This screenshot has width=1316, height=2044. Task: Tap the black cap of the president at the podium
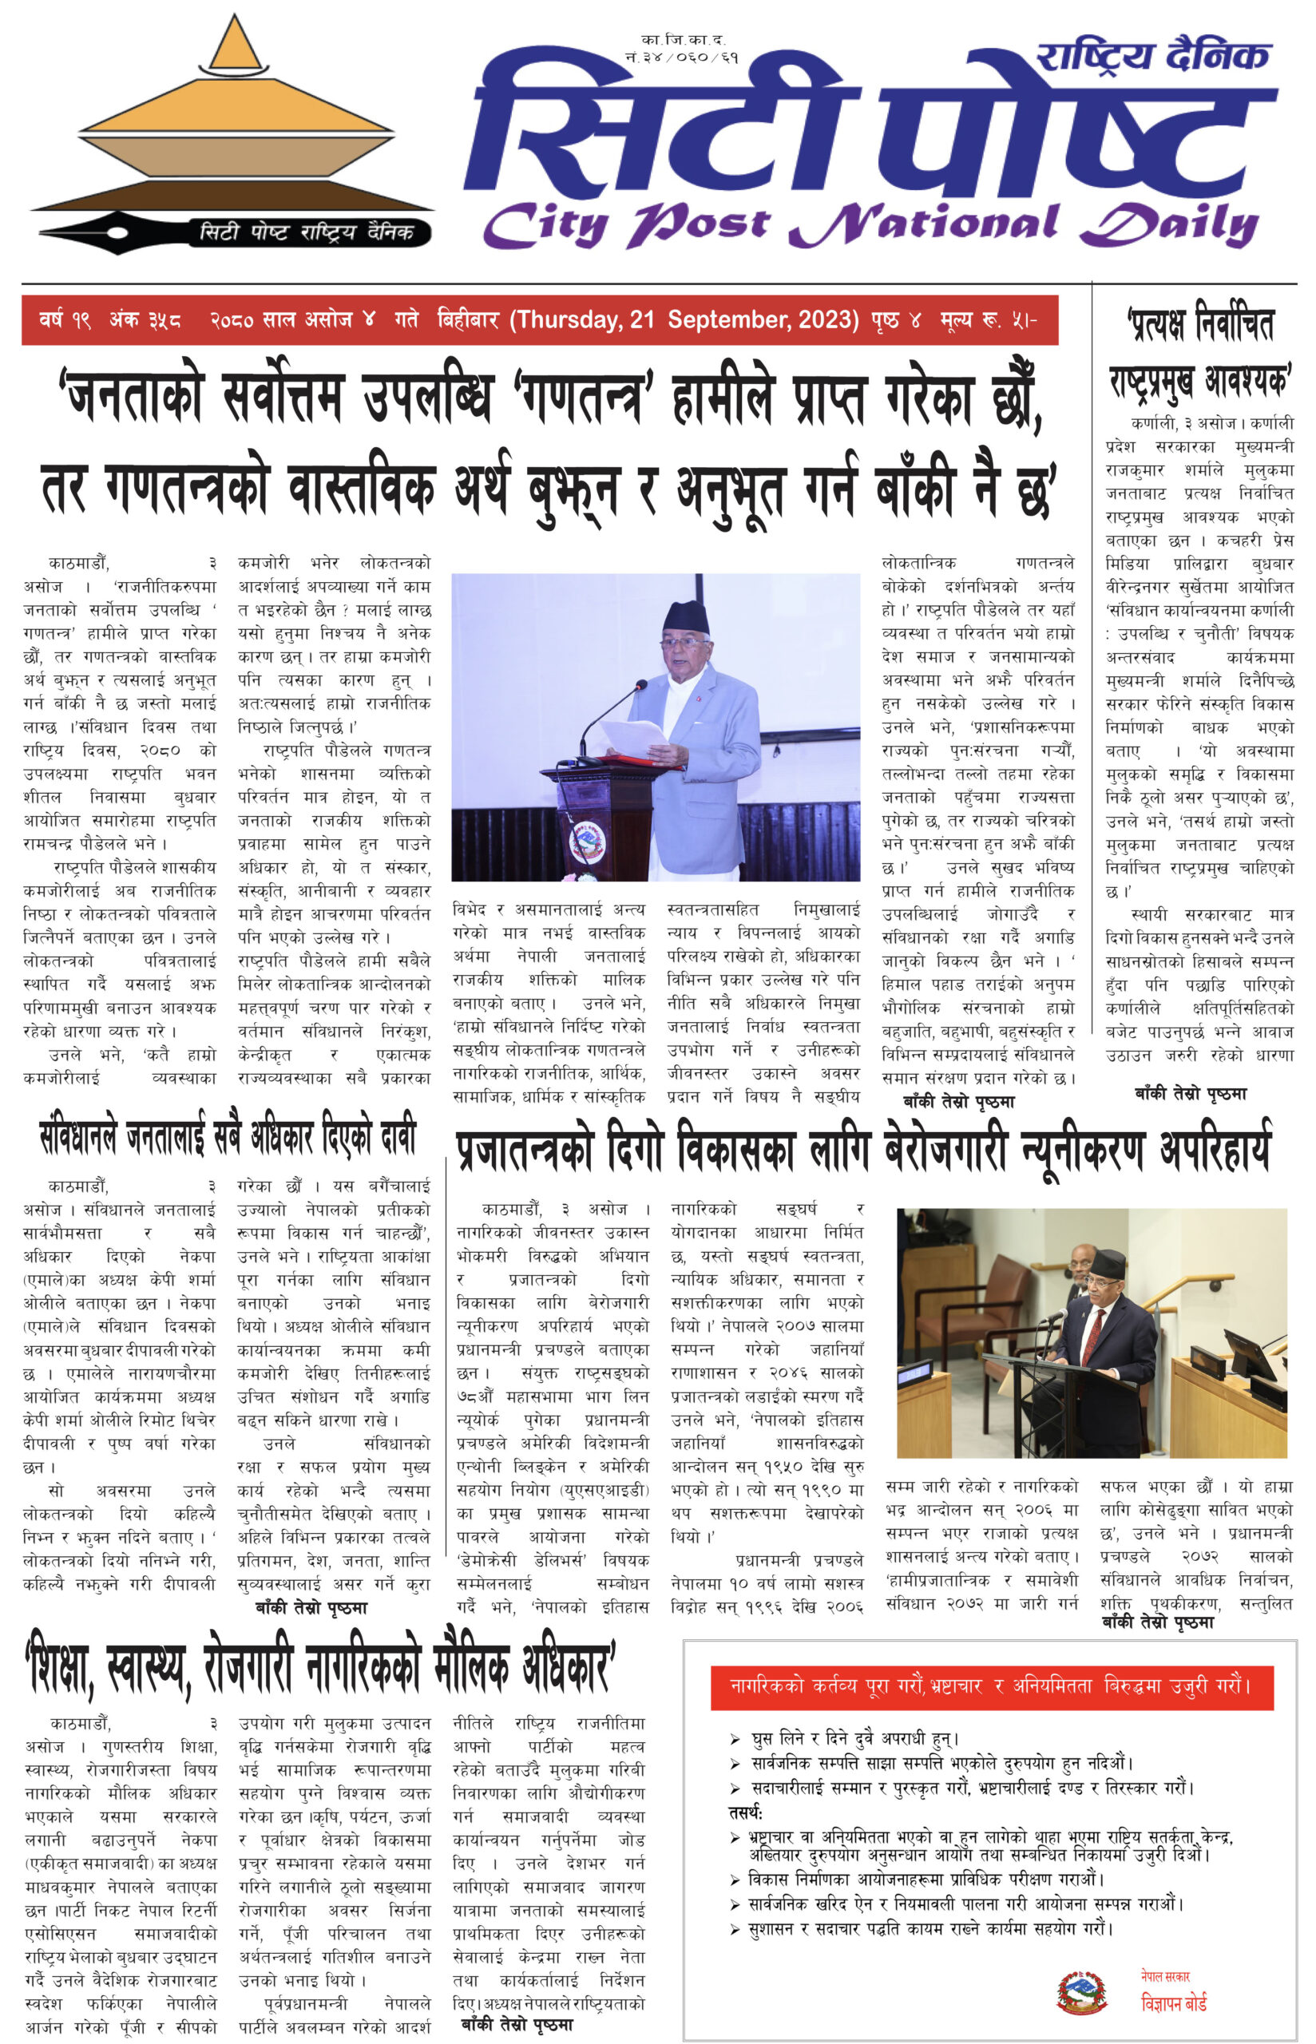point(685,616)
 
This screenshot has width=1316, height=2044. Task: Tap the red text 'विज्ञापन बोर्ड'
point(1173,2003)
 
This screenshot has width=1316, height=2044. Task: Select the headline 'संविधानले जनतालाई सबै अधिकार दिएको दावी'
point(228,1136)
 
